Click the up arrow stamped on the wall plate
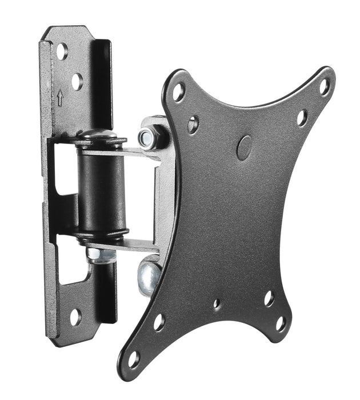point(60,98)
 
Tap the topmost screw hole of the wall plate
point(61,51)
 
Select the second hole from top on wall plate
point(77,82)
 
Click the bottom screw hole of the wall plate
point(74,316)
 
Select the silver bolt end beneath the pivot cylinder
point(100,254)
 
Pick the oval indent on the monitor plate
point(244,147)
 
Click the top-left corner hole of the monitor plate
point(179,91)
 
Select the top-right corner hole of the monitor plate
point(324,87)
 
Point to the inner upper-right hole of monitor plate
point(301,118)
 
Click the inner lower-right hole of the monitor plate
point(269,298)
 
